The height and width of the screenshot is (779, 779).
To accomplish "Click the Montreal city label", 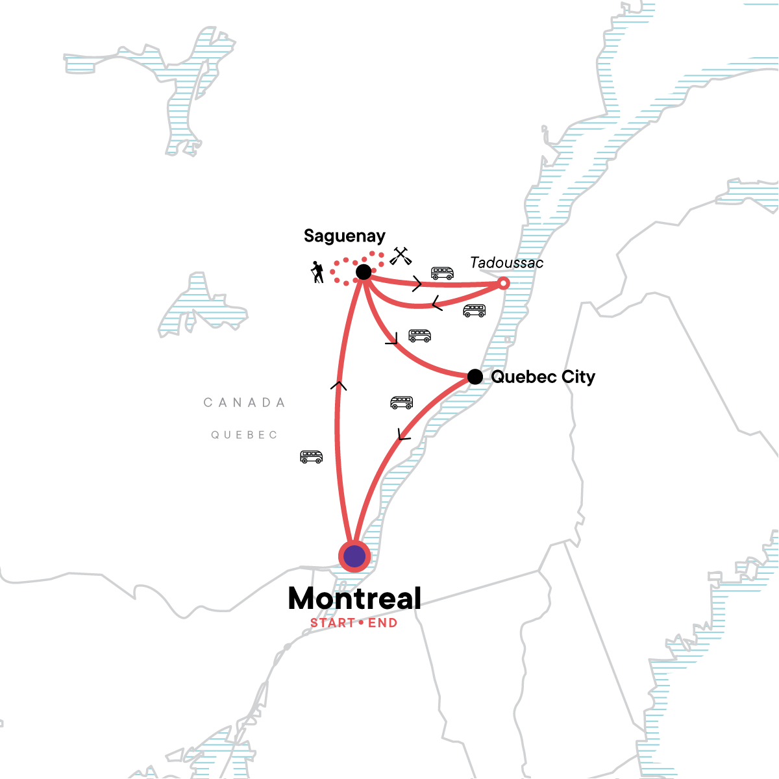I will click(x=354, y=599).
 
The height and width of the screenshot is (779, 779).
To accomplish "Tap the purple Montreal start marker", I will click(x=354, y=556).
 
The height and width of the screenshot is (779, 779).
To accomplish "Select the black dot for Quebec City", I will click(x=475, y=377).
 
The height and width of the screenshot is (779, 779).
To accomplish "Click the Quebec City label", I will click(x=543, y=377).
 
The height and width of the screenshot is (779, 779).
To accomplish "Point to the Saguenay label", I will click(x=345, y=236).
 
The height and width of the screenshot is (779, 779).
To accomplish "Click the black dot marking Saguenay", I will click(x=364, y=272).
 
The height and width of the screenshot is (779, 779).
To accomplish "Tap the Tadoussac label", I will click(x=507, y=263).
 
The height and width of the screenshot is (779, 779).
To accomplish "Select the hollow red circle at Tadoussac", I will click(x=503, y=283).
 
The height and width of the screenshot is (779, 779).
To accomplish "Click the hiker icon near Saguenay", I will click(x=317, y=272).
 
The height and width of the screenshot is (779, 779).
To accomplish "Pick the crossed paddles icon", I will click(x=400, y=256).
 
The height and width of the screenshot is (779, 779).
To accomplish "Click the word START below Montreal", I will click(x=332, y=623).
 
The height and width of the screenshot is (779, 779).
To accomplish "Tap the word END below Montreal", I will click(x=382, y=623).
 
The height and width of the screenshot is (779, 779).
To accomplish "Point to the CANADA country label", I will click(x=245, y=402).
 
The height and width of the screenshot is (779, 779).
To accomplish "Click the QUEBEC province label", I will click(x=245, y=435).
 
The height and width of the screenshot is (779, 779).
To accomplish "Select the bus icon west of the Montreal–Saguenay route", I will click(x=312, y=457).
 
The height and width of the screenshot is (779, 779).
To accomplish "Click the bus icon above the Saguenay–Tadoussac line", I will click(x=443, y=273).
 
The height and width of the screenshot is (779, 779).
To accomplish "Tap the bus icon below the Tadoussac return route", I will click(x=475, y=310).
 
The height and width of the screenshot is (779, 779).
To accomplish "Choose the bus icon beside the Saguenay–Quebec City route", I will click(x=420, y=336).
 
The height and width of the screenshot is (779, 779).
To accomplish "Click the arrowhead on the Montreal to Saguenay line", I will click(x=338, y=386).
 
